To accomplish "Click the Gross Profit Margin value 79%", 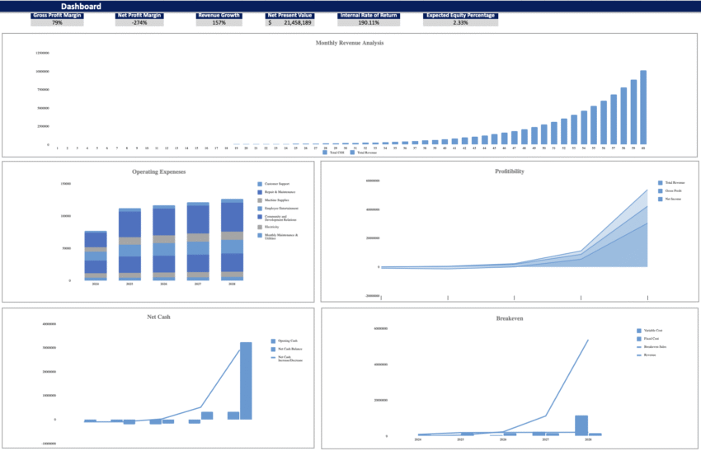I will pyautogui.click(x=57, y=22).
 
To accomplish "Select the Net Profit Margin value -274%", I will pyautogui.click(x=139, y=22).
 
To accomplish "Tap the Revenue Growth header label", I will pyautogui.click(x=219, y=15).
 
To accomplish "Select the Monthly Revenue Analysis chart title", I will pyautogui.click(x=350, y=43).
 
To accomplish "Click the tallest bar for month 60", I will pyautogui.click(x=643, y=107).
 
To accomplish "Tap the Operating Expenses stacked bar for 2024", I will pyautogui.click(x=96, y=256).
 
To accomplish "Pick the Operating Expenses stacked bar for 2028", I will pyautogui.click(x=232, y=240).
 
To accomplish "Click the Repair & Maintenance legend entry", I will pyautogui.click(x=280, y=192).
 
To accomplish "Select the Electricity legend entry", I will pyautogui.click(x=275, y=227).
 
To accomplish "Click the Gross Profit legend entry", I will pyautogui.click(x=673, y=190).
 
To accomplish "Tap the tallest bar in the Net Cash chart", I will pyautogui.click(x=246, y=380).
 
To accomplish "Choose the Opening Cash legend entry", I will pyautogui.click(x=285, y=341).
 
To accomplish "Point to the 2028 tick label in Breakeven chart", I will pyautogui.click(x=587, y=440).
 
